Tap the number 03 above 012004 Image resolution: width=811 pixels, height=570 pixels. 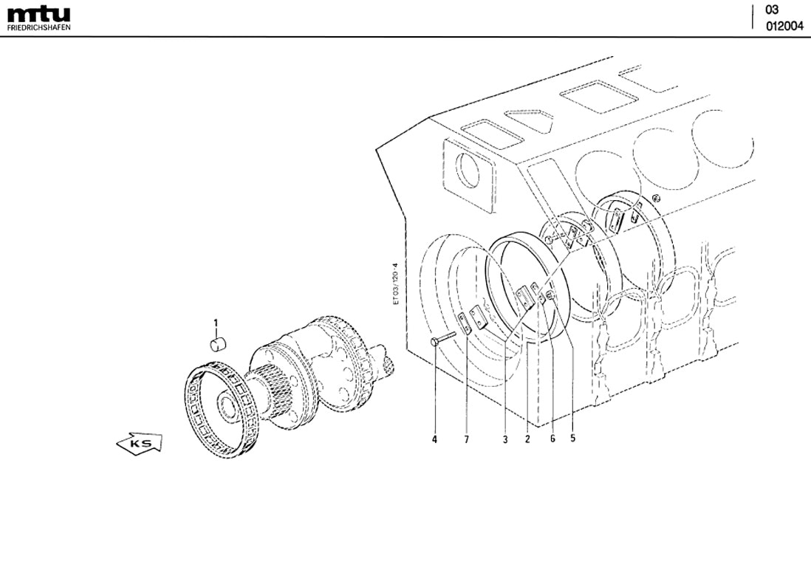click(x=772, y=10)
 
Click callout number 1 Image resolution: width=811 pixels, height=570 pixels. click(x=216, y=323)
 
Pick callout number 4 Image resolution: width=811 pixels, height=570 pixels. click(x=434, y=439)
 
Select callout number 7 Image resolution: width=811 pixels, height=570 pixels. click(x=466, y=439)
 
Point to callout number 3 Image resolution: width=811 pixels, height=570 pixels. click(x=504, y=439)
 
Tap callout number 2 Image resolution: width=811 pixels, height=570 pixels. click(x=527, y=439)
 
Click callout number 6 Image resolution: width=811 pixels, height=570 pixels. click(x=552, y=439)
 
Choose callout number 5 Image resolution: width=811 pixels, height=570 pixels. click(x=572, y=437)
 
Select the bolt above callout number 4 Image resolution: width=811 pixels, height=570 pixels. click(x=442, y=339)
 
